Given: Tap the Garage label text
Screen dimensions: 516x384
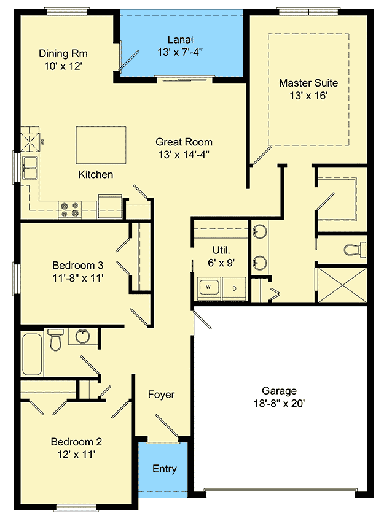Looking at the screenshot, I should point(279,390).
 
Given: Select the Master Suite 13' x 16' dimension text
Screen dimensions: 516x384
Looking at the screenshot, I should point(308,95).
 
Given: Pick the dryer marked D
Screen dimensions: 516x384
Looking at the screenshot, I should point(233,287).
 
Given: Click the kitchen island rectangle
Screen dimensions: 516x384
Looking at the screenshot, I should point(101,145).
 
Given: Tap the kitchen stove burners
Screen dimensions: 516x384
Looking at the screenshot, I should point(69,210).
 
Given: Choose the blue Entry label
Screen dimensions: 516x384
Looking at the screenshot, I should point(165,469).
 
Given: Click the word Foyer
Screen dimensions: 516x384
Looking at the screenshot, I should point(162,395).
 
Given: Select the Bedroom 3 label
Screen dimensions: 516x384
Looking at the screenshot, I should point(77,265).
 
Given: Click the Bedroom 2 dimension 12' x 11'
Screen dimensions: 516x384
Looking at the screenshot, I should point(76,454).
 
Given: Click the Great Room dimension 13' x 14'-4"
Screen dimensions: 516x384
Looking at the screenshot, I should point(184,154).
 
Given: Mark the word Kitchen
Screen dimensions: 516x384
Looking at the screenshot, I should point(95,174).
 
